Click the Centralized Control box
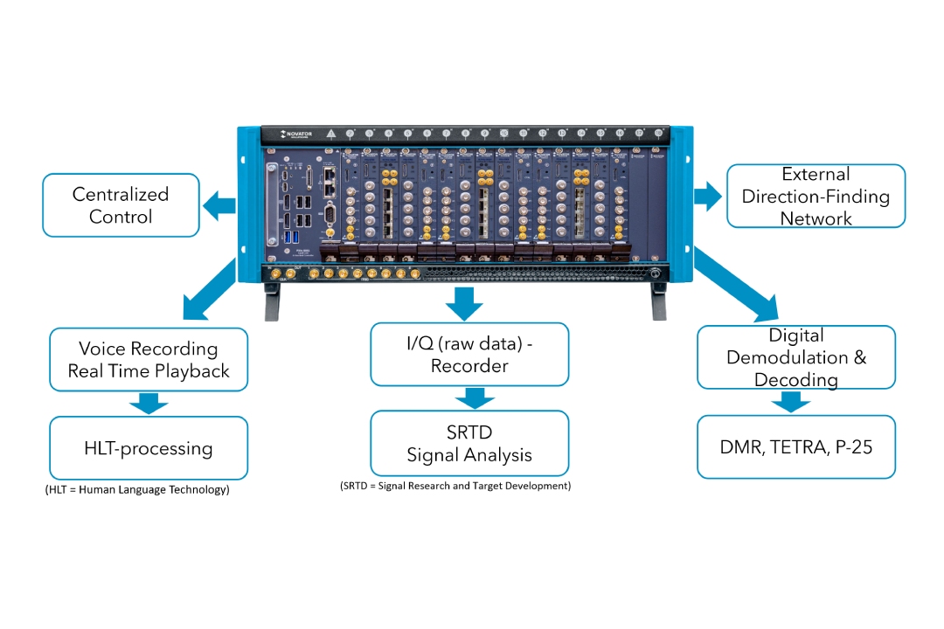point(121,205)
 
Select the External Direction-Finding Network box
point(816,196)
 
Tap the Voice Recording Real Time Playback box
point(149,359)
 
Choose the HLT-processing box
point(149,448)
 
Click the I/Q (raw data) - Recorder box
point(469,354)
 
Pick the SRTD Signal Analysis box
point(469,443)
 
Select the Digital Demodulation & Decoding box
point(795,357)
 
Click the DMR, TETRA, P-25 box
point(795,447)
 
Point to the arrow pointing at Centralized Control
point(220,206)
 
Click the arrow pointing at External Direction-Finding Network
point(706,197)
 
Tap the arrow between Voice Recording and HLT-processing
point(149,403)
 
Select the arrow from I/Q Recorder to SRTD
point(469,397)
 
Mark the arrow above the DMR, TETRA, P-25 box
point(790,402)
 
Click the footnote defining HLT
point(137,490)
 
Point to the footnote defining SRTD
point(455,485)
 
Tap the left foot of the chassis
point(274,305)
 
